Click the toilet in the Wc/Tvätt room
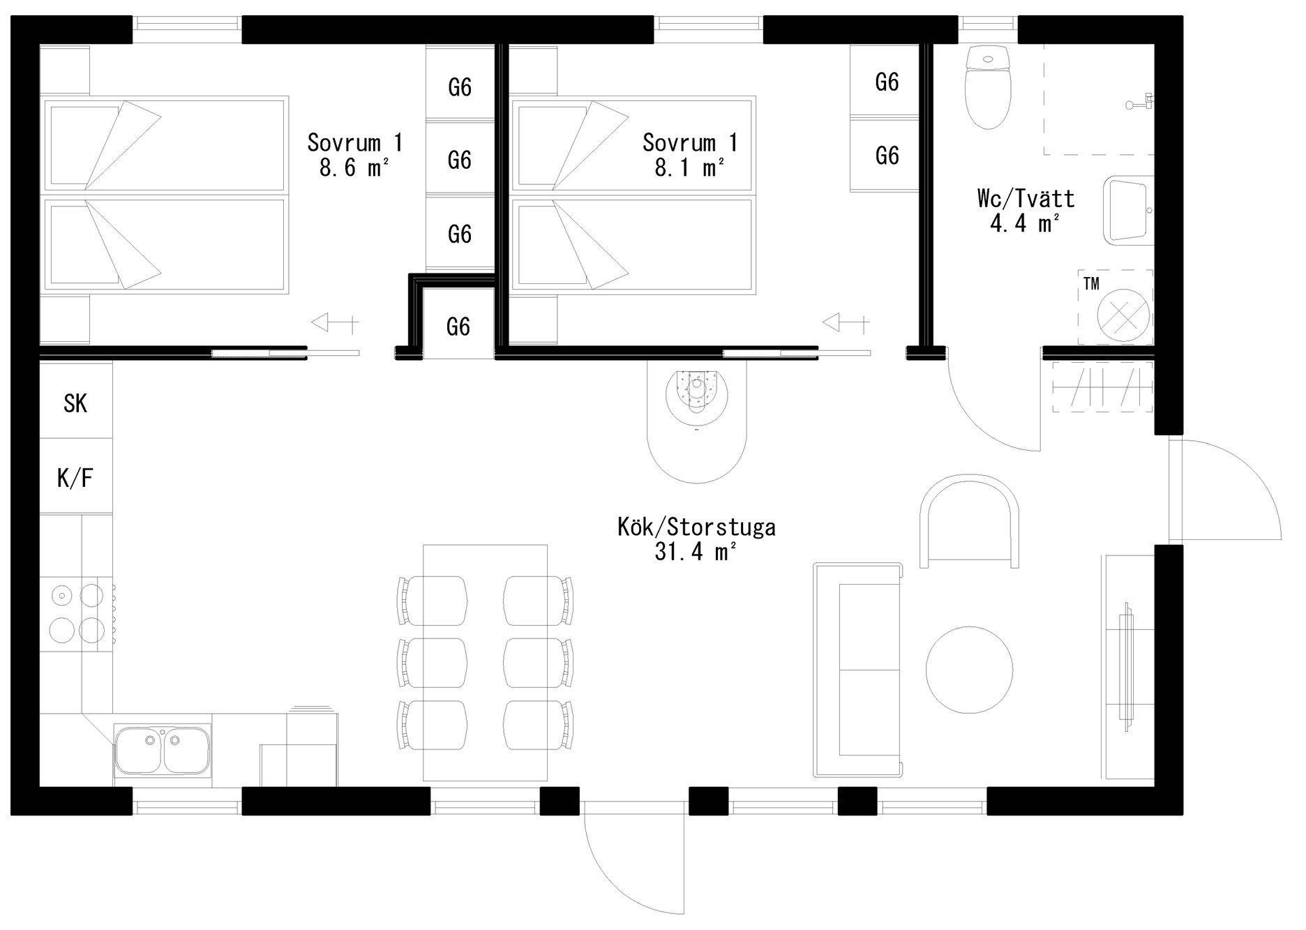tap(987, 87)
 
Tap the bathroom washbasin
tap(1128, 210)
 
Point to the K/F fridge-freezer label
tap(75, 478)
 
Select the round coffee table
tap(969, 669)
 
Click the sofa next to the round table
tap(858, 670)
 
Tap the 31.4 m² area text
tap(696, 552)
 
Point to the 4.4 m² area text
tap(1026, 223)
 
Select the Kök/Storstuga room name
tap(696, 527)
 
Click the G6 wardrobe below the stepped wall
tap(458, 326)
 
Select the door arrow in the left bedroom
tap(335, 323)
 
